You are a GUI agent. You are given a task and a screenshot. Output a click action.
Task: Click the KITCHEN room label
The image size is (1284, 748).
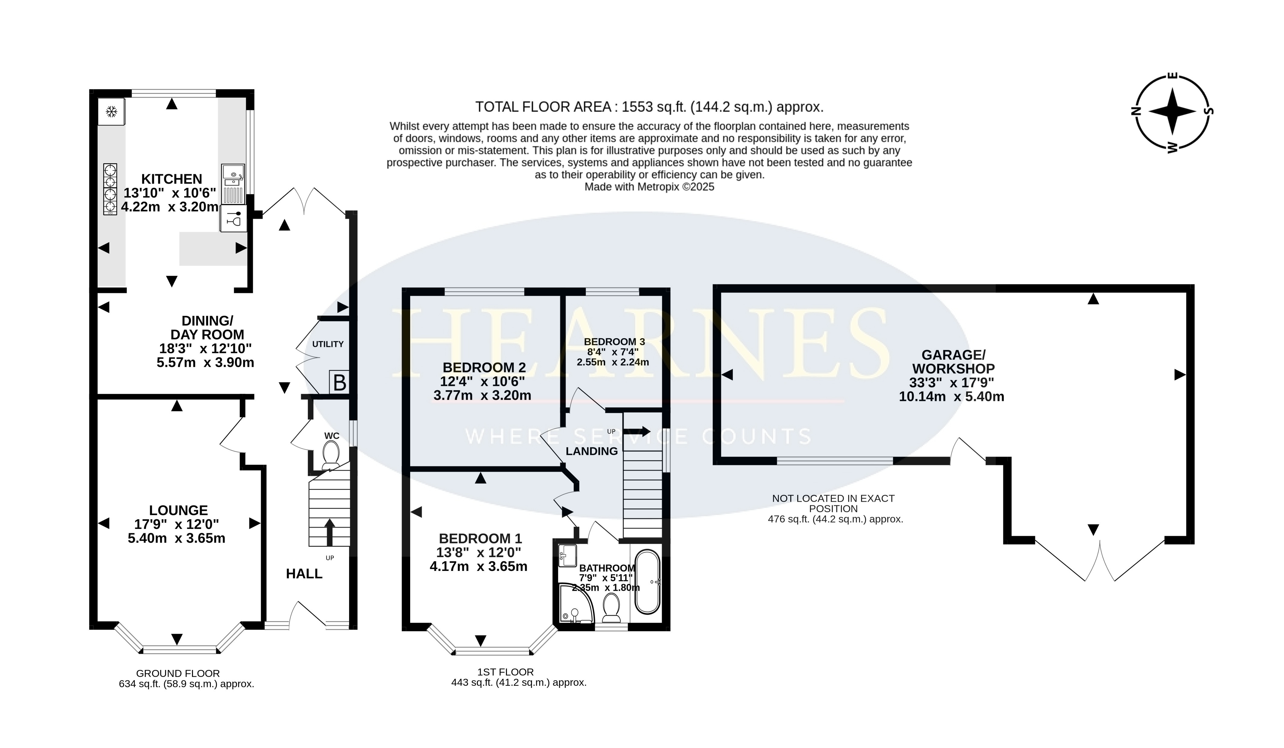tap(172, 179)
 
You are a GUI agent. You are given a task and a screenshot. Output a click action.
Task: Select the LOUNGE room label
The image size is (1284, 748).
tap(178, 510)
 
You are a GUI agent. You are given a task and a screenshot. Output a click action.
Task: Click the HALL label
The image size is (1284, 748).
tap(304, 574)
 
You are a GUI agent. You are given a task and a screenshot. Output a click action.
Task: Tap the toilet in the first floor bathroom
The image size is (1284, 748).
tap(611, 608)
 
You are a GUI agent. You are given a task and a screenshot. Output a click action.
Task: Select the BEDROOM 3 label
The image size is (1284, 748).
tap(615, 342)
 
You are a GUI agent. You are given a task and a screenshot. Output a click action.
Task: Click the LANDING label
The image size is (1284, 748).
tap(592, 451)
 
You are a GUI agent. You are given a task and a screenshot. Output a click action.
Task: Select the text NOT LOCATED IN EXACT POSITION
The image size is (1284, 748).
tap(834, 504)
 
